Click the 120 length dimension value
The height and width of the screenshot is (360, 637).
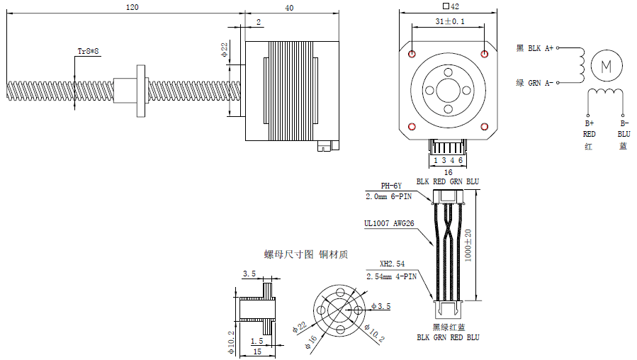pyautogui.click(x=132, y=6)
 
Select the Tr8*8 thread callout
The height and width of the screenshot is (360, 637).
pyautogui.click(x=89, y=51)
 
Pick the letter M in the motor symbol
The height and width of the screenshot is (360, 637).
pyautogui.click(x=605, y=66)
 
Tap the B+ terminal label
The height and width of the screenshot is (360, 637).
pyautogui.click(x=589, y=123)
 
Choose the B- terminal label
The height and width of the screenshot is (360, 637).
pyautogui.click(x=624, y=123)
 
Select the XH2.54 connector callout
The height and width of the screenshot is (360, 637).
pyautogui.click(x=391, y=264)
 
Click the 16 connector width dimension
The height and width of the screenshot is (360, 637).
pyautogui.click(x=448, y=172)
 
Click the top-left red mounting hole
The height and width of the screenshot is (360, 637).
pyautogui.click(x=413, y=55)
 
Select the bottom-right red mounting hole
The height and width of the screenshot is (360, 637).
pyautogui.click(x=484, y=127)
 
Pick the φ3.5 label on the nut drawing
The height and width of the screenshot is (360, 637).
pyautogui.click(x=381, y=306)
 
